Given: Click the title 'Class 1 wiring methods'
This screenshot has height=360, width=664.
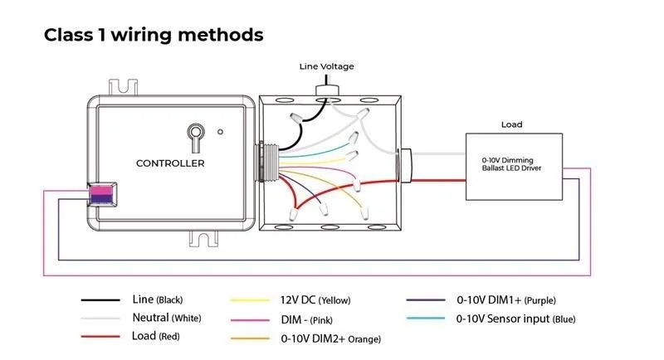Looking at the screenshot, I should [x=154, y=35].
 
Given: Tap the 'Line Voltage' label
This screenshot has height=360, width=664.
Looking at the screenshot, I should [x=327, y=66].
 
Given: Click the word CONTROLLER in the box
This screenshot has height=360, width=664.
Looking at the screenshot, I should [x=170, y=163].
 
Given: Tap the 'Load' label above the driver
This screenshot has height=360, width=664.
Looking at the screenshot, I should [x=511, y=125].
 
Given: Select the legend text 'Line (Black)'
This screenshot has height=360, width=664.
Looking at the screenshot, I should [x=157, y=299].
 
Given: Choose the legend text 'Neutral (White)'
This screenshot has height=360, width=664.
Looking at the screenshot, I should [x=166, y=318].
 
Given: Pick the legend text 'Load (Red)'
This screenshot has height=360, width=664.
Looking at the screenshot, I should [x=155, y=336].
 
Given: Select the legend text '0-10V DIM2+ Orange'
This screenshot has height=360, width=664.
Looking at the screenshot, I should [x=319, y=338].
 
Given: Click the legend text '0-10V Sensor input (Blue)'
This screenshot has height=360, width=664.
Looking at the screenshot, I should [x=515, y=319].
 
